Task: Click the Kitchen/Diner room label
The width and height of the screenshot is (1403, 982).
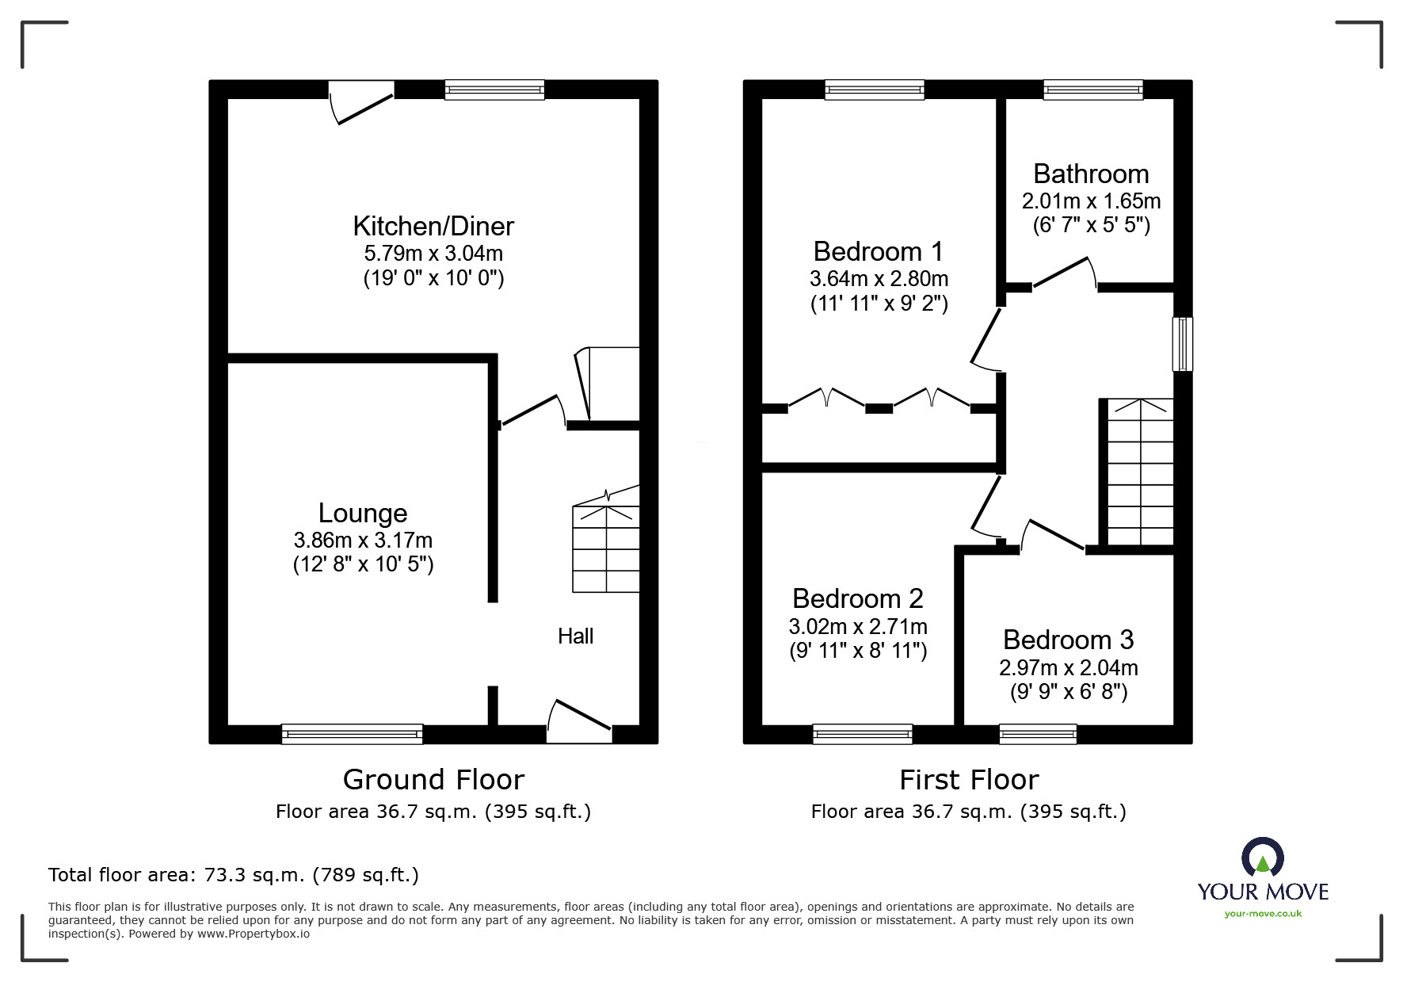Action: (433, 227)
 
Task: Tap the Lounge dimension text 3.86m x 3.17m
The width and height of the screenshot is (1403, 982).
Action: (363, 541)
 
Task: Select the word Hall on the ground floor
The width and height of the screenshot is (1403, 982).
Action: (575, 636)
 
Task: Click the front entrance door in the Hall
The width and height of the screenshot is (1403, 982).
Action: (580, 720)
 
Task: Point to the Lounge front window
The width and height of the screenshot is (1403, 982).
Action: (352, 734)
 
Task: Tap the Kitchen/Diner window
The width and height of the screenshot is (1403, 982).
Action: (494, 90)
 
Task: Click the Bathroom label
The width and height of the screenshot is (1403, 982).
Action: (1091, 174)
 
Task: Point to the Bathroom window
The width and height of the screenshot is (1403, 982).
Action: (1093, 90)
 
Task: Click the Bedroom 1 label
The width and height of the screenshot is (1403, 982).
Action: (879, 251)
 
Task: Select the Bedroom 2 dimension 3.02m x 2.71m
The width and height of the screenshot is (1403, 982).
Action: (858, 627)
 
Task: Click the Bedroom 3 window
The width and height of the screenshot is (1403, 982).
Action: (1038, 734)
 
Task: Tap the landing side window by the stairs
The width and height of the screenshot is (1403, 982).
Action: (1183, 344)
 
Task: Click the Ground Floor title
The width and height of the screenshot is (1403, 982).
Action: (433, 780)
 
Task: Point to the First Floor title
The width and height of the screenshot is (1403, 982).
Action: (969, 780)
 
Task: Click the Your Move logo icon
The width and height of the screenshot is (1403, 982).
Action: (1263, 858)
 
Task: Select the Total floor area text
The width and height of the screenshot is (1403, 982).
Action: (234, 875)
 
